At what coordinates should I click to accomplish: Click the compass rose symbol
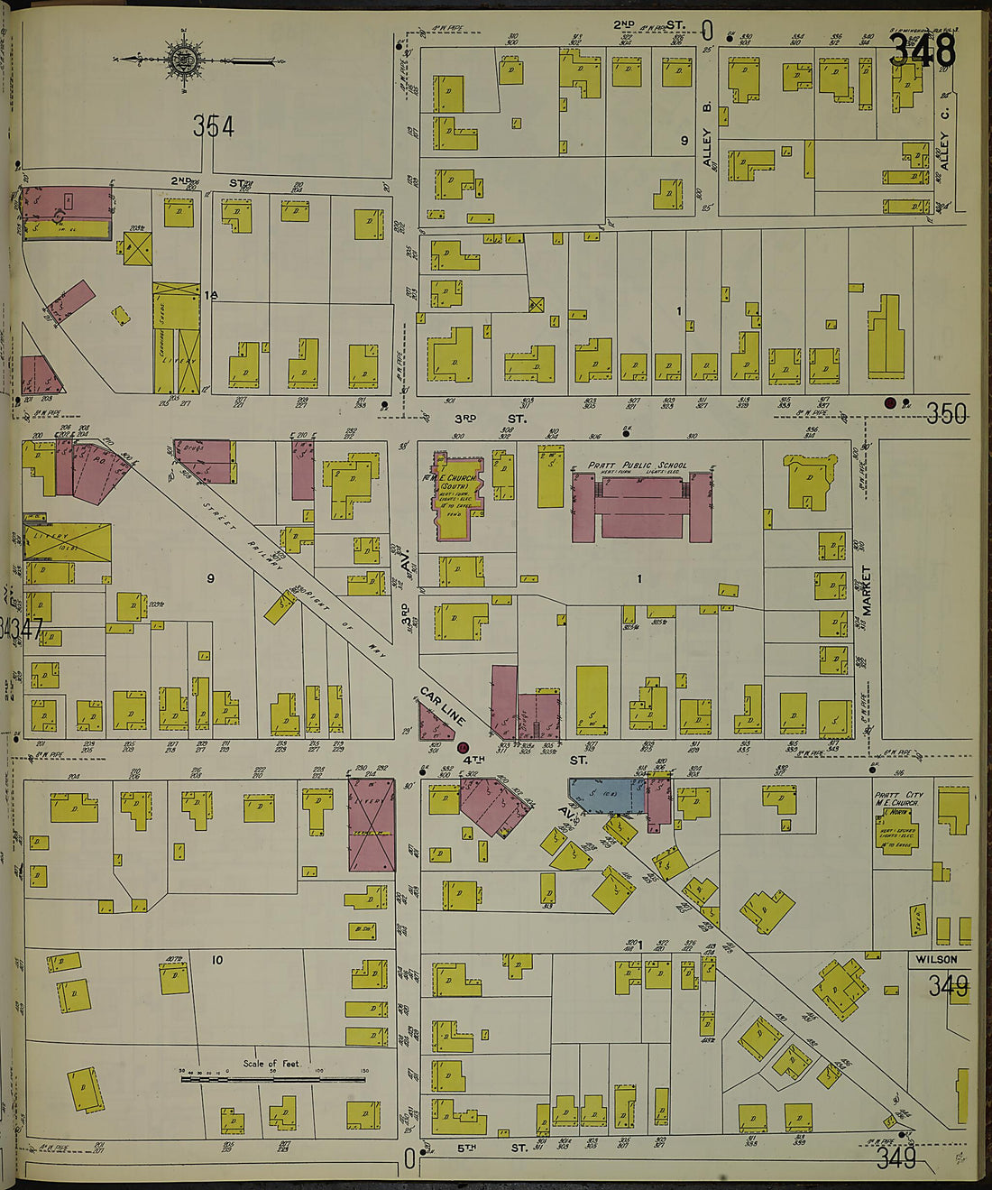[x=183, y=61]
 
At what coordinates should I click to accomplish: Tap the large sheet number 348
[x=922, y=51]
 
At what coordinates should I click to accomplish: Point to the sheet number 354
[x=213, y=127]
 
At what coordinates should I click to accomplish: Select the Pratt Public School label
[x=638, y=466]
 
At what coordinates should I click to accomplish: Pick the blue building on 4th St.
[x=605, y=794]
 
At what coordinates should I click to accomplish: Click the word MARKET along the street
[x=867, y=591]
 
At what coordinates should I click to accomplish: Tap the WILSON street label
[x=936, y=959]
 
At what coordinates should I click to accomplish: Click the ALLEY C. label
[x=944, y=150]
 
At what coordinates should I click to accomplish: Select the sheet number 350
[x=947, y=414]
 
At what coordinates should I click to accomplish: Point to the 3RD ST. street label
[x=490, y=419]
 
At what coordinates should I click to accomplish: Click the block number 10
[x=216, y=960]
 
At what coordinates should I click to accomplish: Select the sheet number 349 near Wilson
[x=949, y=986]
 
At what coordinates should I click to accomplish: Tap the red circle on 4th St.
[x=463, y=747]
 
